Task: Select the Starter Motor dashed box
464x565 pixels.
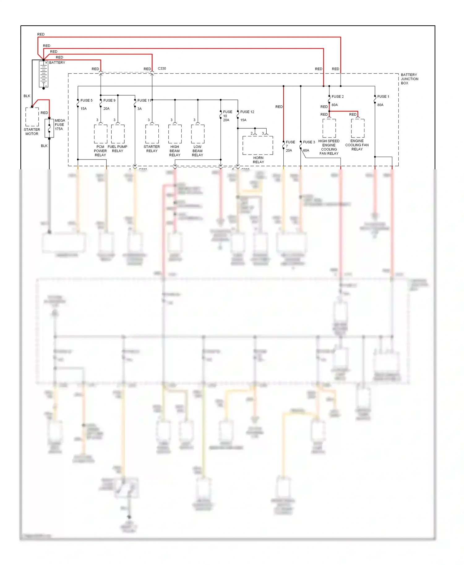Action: click(x=32, y=117)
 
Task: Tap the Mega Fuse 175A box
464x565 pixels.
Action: click(x=49, y=128)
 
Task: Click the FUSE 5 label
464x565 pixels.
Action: click(x=86, y=100)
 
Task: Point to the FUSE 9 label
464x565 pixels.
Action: click(x=109, y=100)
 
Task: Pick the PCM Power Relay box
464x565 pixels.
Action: click(x=101, y=134)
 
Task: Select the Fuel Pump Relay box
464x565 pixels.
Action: click(x=118, y=134)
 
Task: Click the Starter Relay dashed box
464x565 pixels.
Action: click(x=152, y=134)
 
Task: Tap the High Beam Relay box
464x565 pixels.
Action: click(x=175, y=134)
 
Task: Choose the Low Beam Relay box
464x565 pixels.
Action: click(x=198, y=134)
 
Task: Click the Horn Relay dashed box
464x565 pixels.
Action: click(x=258, y=145)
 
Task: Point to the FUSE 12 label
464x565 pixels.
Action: click(x=247, y=112)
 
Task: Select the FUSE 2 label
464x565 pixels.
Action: click(x=337, y=97)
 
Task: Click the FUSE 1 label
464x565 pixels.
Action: click(x=383, y=97)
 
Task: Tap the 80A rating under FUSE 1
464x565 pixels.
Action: click(x=380, y=105)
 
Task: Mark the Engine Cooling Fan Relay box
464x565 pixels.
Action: click(x=358, y=128)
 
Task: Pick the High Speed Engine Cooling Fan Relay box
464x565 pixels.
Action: click(x=329, y=128)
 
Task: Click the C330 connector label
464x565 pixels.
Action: click(x=162, y=69)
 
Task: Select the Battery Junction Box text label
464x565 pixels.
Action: click(x=409, y=79)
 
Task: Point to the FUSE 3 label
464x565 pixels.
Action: click(x=309, y=142)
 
